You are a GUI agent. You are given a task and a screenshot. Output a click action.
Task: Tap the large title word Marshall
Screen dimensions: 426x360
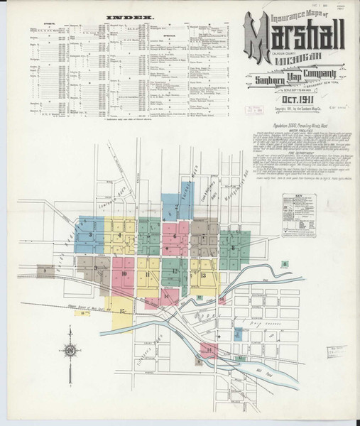point(295,35)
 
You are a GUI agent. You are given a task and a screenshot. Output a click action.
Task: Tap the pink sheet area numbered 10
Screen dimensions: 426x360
point(124,273)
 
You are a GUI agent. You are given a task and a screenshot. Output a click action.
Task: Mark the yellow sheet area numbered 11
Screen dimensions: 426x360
point(148,273)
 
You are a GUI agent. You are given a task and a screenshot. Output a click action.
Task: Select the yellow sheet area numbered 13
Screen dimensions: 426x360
point(204,274)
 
